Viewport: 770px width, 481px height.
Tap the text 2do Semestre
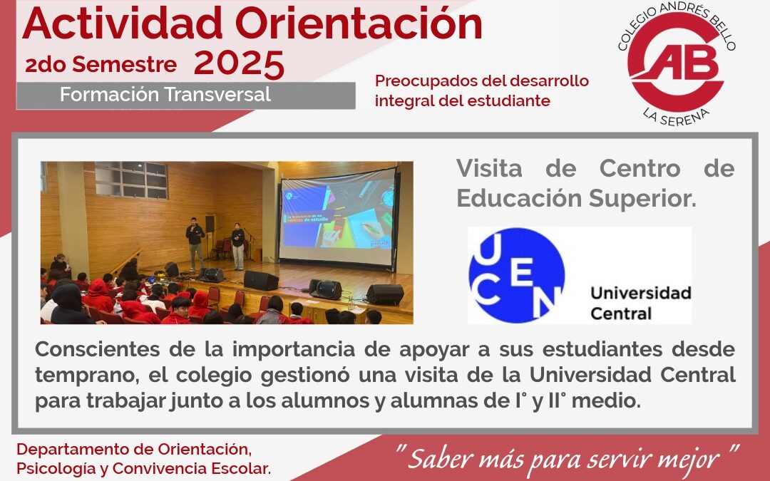click(101, 66)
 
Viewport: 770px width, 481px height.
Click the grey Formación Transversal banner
click(185, 95)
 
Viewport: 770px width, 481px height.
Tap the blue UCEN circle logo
click(516, 275)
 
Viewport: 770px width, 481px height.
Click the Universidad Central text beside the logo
click(640, 303)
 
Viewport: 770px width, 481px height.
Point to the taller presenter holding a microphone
click(195, 242)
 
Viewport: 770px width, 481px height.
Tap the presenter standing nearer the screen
click(237, 246)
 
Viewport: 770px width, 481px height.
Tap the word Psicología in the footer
click(53, 470)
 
